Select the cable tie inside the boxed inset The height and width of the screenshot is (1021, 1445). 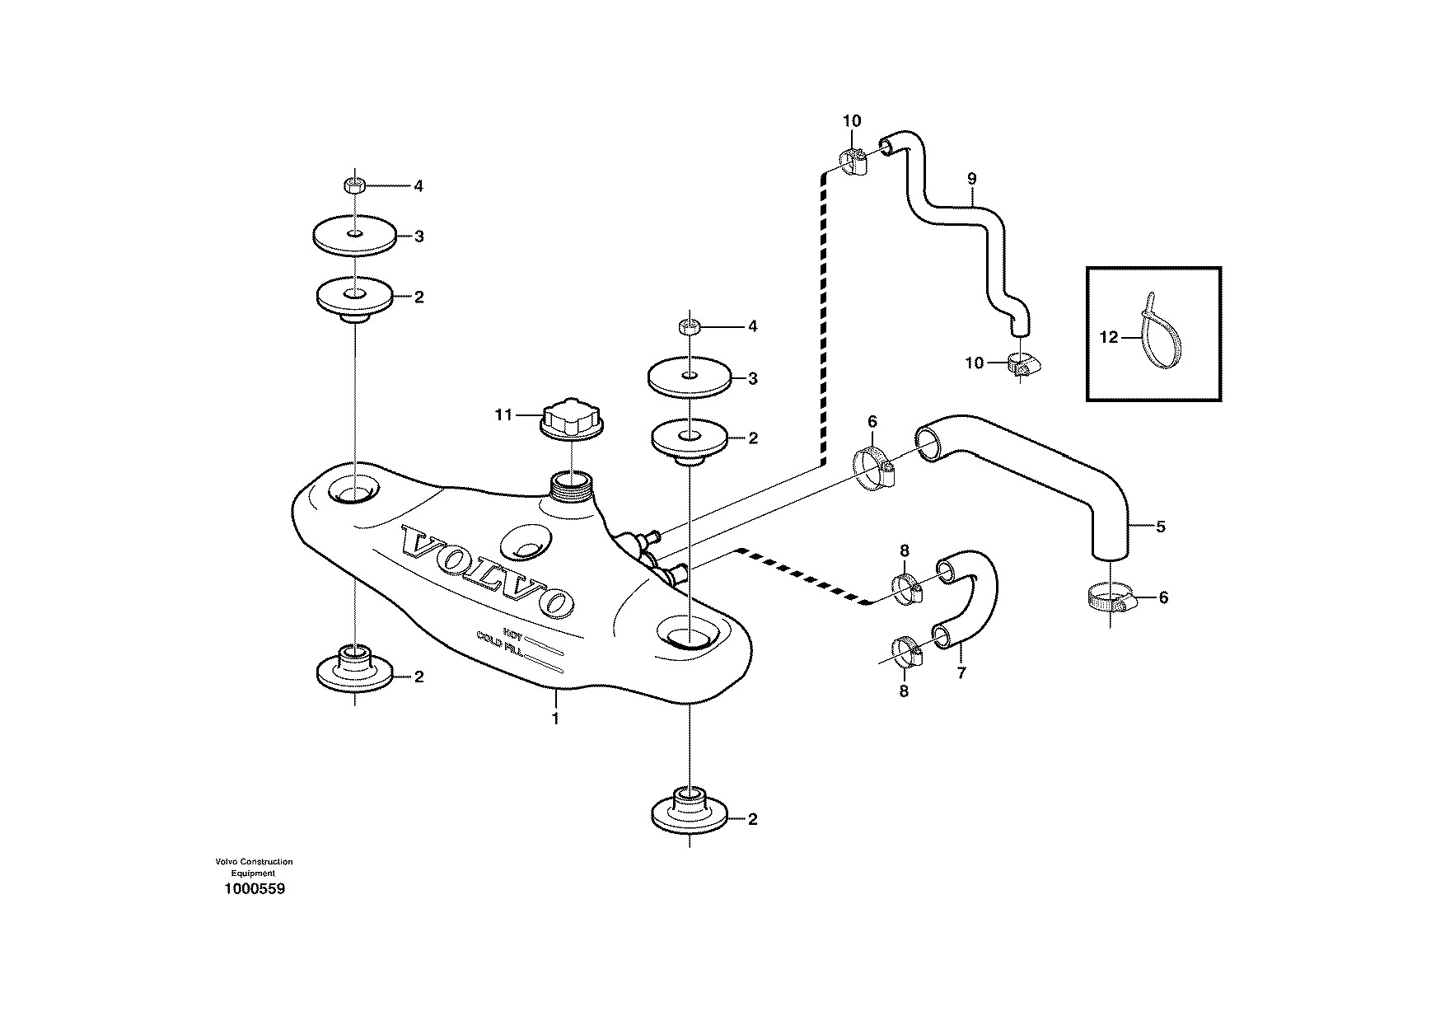pyautogui.click(x=1160, y=331)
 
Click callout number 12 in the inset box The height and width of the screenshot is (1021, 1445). pyautogui.click(x=1110, y=337)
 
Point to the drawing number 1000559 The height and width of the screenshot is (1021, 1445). pyautogui.click(x=254, y=890)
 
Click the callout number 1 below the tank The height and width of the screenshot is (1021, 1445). pyautogui.click(x=555, y=719)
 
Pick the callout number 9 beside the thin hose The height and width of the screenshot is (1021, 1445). pyautogui.click(x=971, y=178)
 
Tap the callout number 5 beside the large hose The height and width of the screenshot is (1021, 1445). pyautogui.click(x=1161, y=526)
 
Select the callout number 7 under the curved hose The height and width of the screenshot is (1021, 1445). pyautogui.click(x=961, y=672)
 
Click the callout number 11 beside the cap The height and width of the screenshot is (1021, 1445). pyautogui.click(x=503, y=414)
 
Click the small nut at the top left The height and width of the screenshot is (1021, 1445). pyautogui.click(x=354, y=185)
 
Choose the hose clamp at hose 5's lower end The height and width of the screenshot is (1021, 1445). pyautogui.click(x=1112, y=598)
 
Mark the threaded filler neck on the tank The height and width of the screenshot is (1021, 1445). pyautogui.click(x=571, y=485)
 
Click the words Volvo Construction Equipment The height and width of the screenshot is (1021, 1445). pyautogui.click(x=254, y=867)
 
